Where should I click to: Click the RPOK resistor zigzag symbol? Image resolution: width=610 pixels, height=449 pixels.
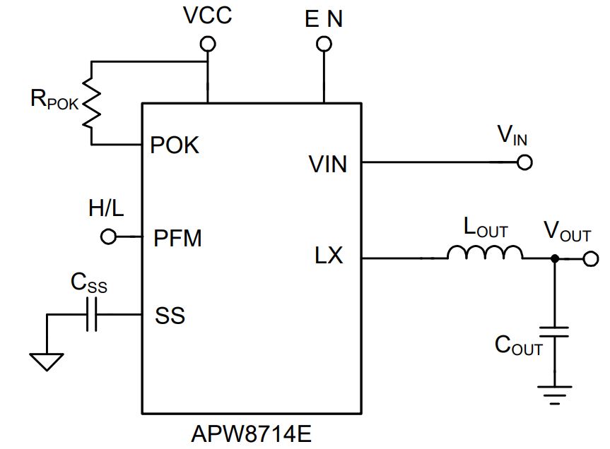tap(91, 102)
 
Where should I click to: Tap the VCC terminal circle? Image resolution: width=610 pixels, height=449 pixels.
tap(208, 44)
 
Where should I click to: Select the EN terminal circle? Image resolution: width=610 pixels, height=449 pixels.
tap(324, 44)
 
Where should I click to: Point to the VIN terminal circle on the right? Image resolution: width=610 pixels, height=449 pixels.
tap(524, 162)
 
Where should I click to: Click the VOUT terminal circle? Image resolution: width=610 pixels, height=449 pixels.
tap(591, 258)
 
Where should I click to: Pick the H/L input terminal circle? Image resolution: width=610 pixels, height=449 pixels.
tap(108, 237)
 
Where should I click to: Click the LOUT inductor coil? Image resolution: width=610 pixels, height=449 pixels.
tap(485, 253)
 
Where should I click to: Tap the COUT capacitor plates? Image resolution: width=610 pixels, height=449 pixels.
tap(554, 332)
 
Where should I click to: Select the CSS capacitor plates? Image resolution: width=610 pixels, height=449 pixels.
tap(91, 314)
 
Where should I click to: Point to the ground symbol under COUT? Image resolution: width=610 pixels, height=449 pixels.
tap(554, 395)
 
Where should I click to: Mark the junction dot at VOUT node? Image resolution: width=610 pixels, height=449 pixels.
tap(555, 258)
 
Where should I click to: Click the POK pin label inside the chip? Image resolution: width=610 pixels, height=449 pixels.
tap(175, 145)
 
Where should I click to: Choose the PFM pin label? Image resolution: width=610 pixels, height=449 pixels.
tap(178, 238)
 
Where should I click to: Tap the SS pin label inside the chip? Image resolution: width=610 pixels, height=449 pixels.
tap(170, 316)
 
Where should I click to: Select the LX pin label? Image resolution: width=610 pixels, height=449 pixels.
tap(329, 256)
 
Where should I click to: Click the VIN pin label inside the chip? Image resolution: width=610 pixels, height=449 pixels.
tap(327, 164)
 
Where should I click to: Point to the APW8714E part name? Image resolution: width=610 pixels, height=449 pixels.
tap(252, 434)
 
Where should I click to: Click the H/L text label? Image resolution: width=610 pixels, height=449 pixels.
tap(106, 208)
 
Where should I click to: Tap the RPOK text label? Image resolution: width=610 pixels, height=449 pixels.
tap(54, 99)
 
